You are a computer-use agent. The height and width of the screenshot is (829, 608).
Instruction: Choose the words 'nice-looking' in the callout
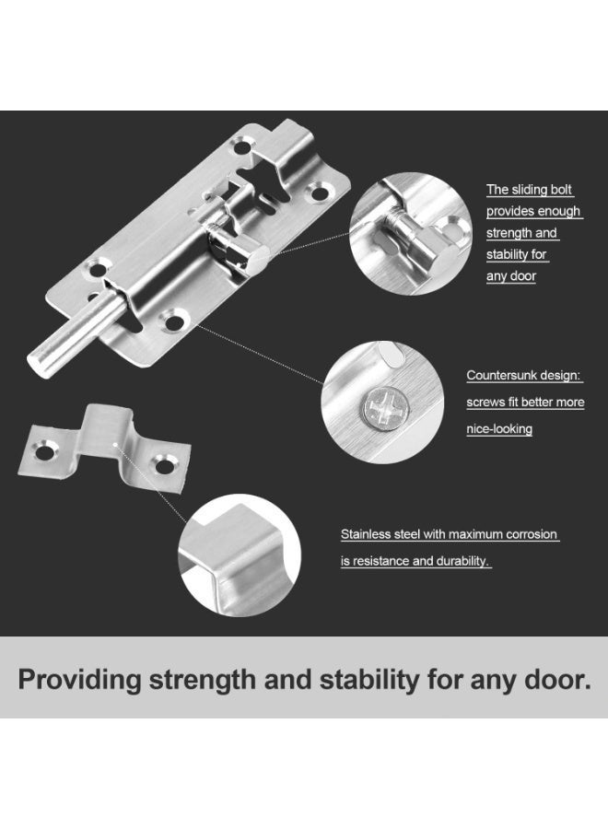point(499,429)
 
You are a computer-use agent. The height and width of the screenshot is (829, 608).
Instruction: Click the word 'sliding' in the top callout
point(529,190)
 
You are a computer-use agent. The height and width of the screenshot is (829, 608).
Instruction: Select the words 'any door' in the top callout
point(511,276)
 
